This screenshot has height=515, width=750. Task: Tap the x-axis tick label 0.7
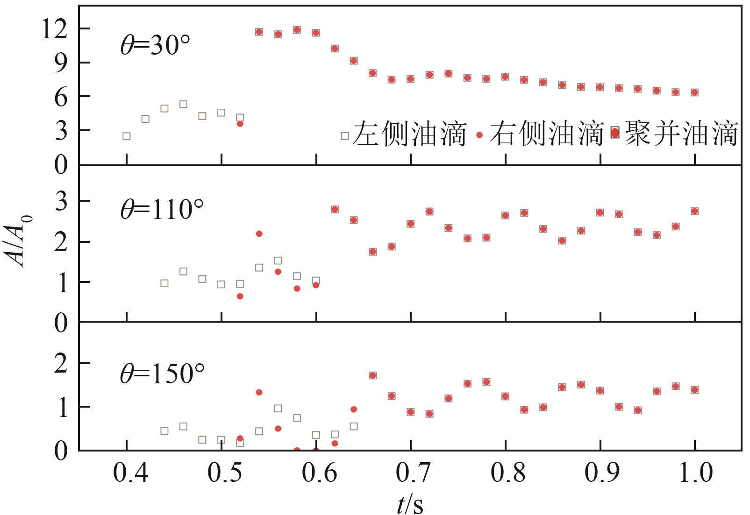tap(410, 473)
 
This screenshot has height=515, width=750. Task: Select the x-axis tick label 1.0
tap(694, 473)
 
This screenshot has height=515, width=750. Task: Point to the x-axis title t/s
tap(410, 504)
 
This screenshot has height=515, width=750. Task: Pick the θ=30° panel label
tap(156, 45)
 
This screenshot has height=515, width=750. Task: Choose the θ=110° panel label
tap(162, 209)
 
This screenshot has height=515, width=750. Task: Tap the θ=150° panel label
tap(162, 374)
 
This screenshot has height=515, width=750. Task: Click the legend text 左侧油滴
tap(410, 134)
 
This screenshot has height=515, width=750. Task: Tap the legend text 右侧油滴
tap(546, 134)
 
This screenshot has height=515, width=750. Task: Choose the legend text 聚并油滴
tap(681, 134)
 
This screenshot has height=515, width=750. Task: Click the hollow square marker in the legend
tap(345, 136)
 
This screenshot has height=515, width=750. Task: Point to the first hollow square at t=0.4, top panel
tap(126, 136)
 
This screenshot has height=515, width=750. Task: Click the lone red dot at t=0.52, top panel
tap(240, 124)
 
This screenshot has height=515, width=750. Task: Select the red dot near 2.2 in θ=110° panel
tap(259, 233)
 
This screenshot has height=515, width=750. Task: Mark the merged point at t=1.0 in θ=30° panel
tap(694, 92)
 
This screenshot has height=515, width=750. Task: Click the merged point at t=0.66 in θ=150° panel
tap(372, 375)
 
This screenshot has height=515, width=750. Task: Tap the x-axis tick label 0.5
tap(221, 473)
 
